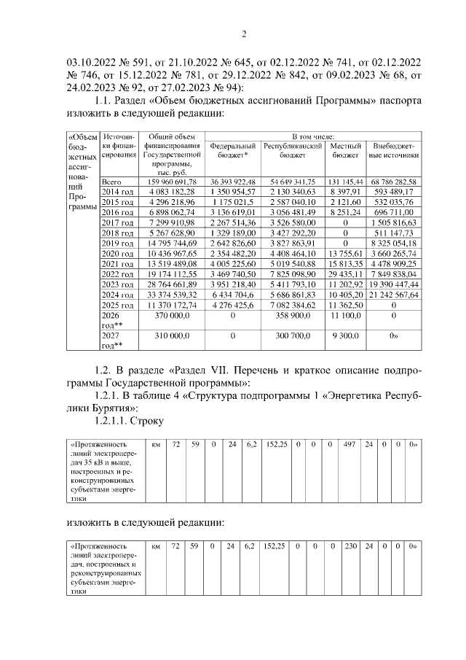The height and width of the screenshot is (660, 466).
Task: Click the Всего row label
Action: point(111,181)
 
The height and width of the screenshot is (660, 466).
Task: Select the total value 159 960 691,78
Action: point(172,181)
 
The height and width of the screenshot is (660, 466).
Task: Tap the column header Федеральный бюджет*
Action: point(233,150)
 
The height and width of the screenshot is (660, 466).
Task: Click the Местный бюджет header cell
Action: point(345,150)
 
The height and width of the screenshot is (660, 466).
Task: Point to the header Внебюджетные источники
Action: point(393,150)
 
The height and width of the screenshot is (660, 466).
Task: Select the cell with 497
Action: point(349,443)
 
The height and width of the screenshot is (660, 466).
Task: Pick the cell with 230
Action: point(349,545)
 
